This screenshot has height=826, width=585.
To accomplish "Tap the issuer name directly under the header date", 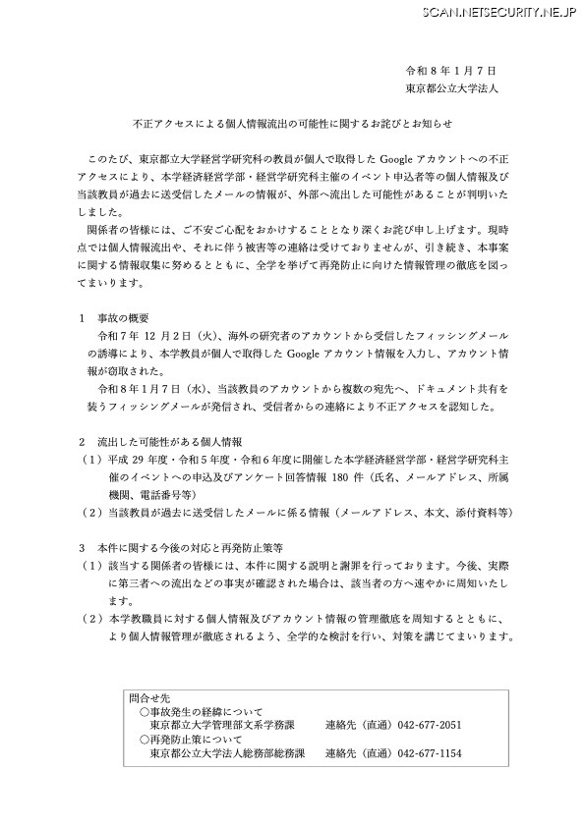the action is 452,88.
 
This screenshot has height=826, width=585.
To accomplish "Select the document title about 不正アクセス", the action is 291,126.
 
